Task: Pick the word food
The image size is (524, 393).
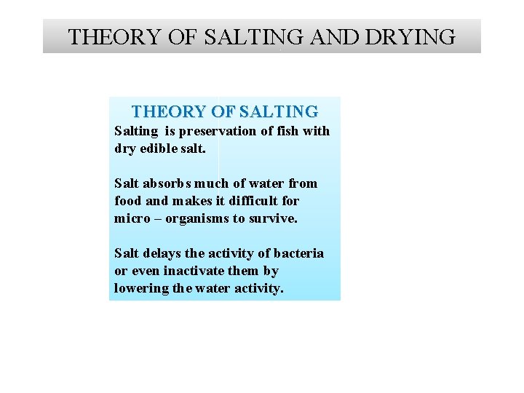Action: tap(128, 201)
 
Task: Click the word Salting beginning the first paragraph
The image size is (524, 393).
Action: tap(136, 131)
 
